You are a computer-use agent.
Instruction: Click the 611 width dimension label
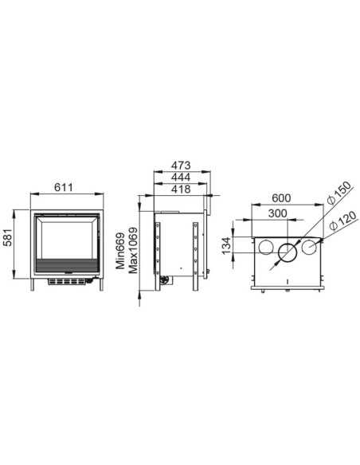(x=64, y=187)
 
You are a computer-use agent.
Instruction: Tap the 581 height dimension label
(x=9, y=237)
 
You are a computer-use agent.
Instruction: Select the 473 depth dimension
(x=181, y=165)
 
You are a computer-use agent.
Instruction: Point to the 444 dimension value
(x=181, y=177)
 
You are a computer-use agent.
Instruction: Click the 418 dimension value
(x=181, y=189)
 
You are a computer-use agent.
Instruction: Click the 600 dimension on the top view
(x=281, y=197)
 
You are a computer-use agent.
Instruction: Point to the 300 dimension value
(x=277, y=213)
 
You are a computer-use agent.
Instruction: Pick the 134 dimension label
(x=226, y=245)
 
